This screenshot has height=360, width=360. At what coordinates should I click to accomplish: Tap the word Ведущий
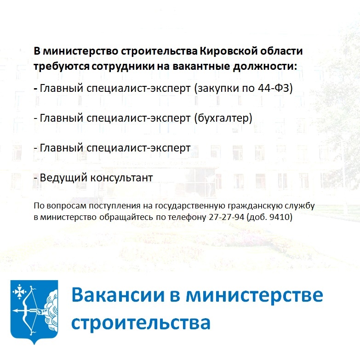click(60, 178)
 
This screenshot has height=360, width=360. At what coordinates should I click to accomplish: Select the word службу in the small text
click(302, 206)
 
